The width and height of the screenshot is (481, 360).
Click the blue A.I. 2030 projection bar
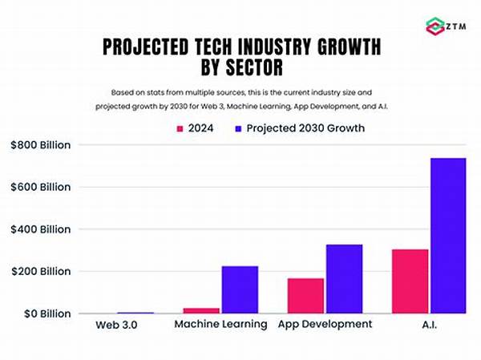[447, 236]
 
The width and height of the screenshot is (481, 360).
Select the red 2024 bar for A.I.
[410, 281]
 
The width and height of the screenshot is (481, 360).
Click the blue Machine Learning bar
[240, 289]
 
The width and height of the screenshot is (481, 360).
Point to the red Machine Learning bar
[202, 310]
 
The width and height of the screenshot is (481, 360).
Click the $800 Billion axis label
[39, 145]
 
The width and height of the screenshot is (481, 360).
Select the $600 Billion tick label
[39, 187]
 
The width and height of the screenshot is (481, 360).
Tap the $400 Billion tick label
[39, 229]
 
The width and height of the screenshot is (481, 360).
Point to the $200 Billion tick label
[39, 271]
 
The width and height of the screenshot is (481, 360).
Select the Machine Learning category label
[221, 324]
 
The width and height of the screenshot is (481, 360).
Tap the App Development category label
[325, 324]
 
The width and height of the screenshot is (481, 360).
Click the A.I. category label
[428, 324]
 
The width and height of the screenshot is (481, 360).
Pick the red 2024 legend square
[180, 127]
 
